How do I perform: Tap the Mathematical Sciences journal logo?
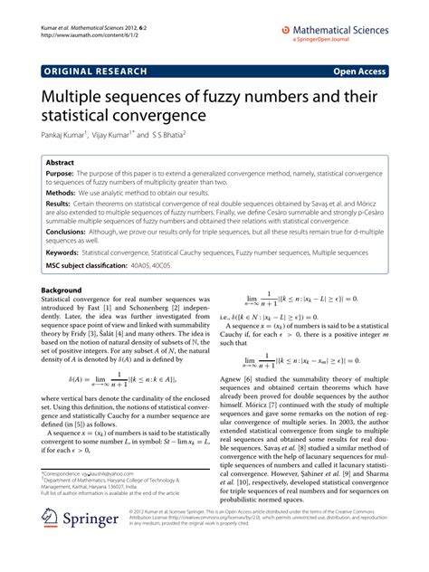click(x=338, y=32)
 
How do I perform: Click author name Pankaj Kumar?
click(x=68, y=134)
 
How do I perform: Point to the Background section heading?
click(x=62, y=317)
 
